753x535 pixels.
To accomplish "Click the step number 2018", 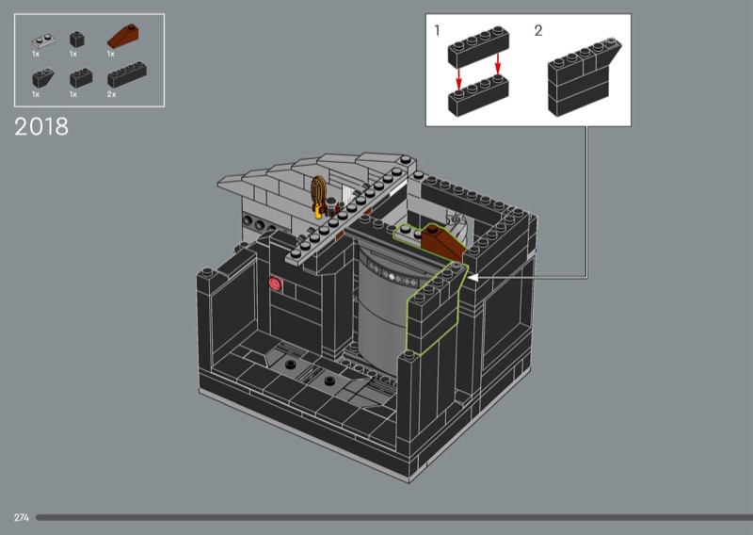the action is (x=41, y=127).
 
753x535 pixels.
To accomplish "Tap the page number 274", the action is (x=22, y=517).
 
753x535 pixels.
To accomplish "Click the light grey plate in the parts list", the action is (x=43, y=41).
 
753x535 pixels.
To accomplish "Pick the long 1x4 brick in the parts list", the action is (x=127, y=74).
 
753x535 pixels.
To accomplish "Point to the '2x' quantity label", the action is (x=111, y=94).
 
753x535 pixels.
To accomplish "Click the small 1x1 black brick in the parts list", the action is (x=77, y=40).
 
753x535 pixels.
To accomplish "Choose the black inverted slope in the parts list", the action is (x=43, y=77).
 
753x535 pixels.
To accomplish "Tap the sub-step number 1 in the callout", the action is (x=437, y=30).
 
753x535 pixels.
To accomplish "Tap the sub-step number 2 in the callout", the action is (x=538, y=31).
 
